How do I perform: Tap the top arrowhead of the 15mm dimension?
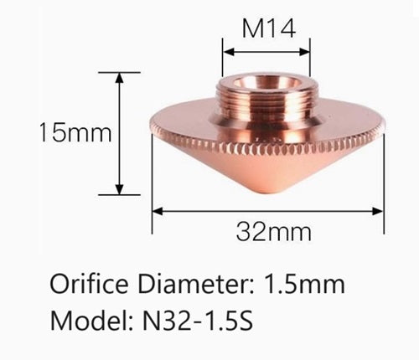point(121,75)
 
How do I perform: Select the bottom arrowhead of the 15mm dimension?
point(121,190)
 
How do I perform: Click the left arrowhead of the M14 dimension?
point(225,49)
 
